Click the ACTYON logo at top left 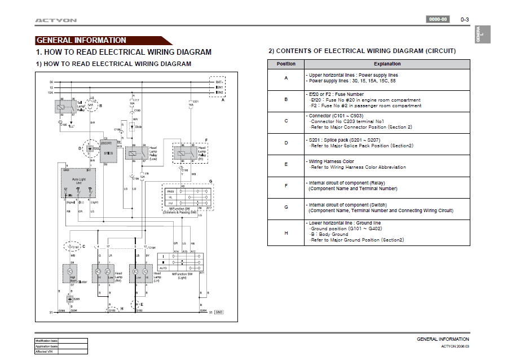pos(56,20)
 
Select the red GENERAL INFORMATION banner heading pos(81,41)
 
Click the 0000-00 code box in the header pos(438,19)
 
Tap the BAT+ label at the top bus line pos(220,82)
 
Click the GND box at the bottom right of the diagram pos(219,312)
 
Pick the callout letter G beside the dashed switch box pos(210,182)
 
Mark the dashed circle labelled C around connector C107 pos(73,247)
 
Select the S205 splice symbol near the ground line pos(70,299)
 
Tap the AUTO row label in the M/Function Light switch pos(163,268)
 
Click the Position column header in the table pos(286,64)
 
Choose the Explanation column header pos(387,64)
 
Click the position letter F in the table pos(286,185)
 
